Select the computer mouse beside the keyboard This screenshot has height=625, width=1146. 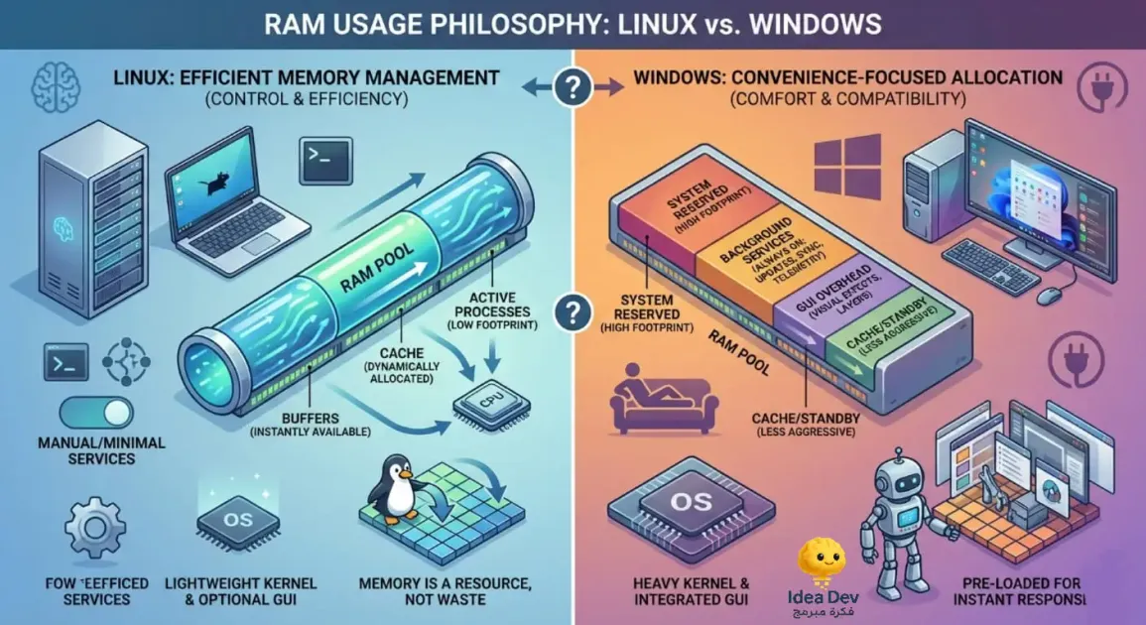(1051, 295)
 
